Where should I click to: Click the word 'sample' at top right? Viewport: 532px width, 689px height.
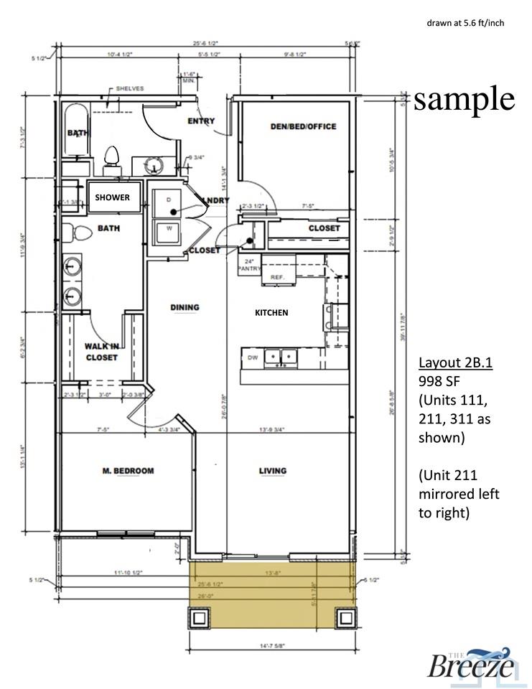(464, 99)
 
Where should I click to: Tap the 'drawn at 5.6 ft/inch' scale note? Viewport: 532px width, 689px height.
(465, 23)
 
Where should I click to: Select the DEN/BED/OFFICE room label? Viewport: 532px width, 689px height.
(303, 126)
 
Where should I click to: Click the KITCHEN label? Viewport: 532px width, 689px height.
(272, 312)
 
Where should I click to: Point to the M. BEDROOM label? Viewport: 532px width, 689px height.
(127, 471)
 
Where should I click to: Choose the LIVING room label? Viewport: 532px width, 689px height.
(273, 471)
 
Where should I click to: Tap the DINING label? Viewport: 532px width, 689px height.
(185, 307)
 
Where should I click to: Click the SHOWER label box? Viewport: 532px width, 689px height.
(113, 197)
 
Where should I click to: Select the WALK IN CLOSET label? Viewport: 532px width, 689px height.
(101, 351)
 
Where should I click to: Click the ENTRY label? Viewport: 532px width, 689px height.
(201, 121)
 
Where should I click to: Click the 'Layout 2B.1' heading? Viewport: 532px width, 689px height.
(454, 362)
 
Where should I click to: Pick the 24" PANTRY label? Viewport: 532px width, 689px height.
(248, 265)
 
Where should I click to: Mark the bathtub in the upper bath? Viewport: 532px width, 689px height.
(75, 131)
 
